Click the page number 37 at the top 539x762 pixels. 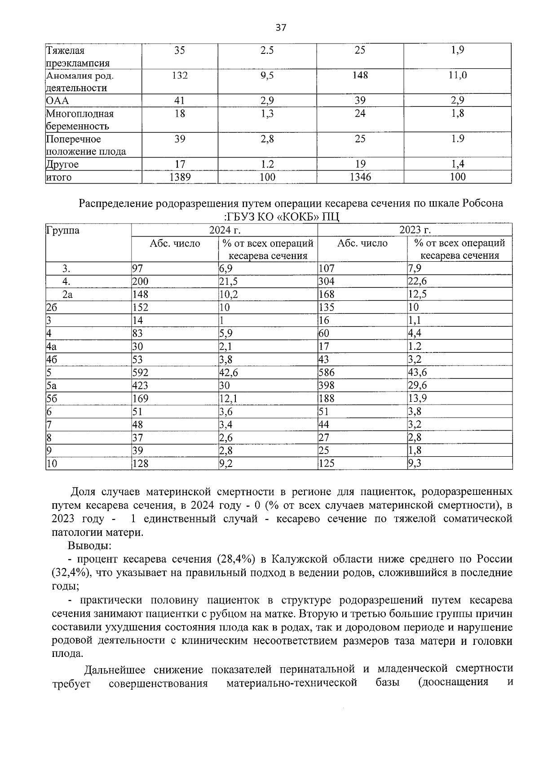(281, 28)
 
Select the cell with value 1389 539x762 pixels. (180, 177)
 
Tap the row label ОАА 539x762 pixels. (57, 101)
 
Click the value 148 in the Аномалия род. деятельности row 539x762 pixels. (360, 75)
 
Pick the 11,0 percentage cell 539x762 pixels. (457, 75)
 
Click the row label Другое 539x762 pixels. (62, 164)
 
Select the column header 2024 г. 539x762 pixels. (225, 230)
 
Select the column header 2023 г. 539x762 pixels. (415, 230)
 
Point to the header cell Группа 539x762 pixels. (63, 231)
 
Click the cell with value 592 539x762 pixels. (140, 373)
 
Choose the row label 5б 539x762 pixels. (52, 398)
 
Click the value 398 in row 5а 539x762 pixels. (327, 386)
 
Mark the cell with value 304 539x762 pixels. (327, 282)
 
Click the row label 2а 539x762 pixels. (68, 295)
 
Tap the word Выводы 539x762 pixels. (90, 546)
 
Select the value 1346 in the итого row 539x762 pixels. (360, 177)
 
